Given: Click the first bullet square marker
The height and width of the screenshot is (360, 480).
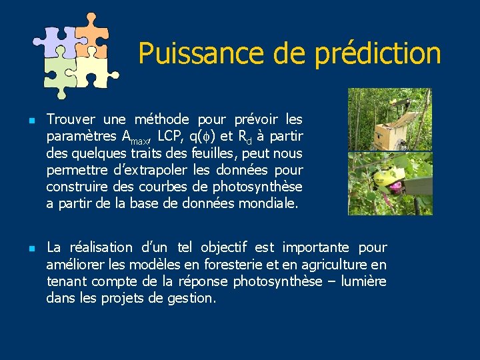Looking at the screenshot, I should [24, 121].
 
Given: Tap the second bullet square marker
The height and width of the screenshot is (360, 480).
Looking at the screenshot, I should [24, 248].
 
